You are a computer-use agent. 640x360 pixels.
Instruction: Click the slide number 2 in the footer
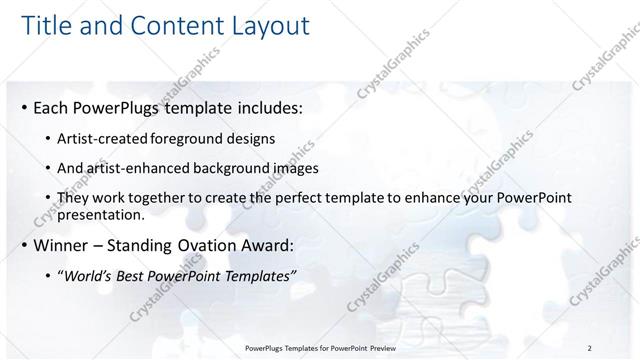(590, 348)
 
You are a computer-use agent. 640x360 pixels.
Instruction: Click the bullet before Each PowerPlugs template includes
(23, 106)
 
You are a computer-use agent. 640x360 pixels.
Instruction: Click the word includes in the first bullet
(260, 106)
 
